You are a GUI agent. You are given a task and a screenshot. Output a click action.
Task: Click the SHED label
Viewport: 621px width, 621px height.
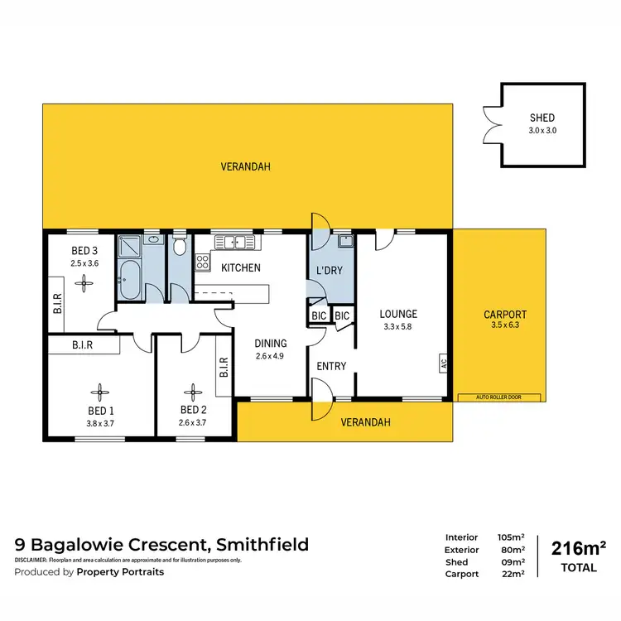click(542, 118)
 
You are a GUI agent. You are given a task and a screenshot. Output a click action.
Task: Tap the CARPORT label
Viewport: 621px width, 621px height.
click(504, 315)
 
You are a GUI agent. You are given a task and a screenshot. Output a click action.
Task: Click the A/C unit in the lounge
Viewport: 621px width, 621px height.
click(444, 362)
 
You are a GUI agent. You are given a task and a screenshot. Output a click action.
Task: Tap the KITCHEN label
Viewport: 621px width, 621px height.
click(241, 267)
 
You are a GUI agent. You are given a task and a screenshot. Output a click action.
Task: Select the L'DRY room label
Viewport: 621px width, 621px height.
click(330, 271)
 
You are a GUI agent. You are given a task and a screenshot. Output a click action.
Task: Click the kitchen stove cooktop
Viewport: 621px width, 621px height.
click(202, 262)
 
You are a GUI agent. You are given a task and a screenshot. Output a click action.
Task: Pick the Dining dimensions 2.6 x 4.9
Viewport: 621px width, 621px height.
click(271, 358)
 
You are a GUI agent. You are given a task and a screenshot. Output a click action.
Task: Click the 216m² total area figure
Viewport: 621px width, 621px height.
click(578, 547)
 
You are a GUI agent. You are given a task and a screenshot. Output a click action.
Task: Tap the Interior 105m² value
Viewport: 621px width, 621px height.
click(513, 537)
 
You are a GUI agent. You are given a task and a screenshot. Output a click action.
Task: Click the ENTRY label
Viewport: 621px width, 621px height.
click(331, 366)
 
